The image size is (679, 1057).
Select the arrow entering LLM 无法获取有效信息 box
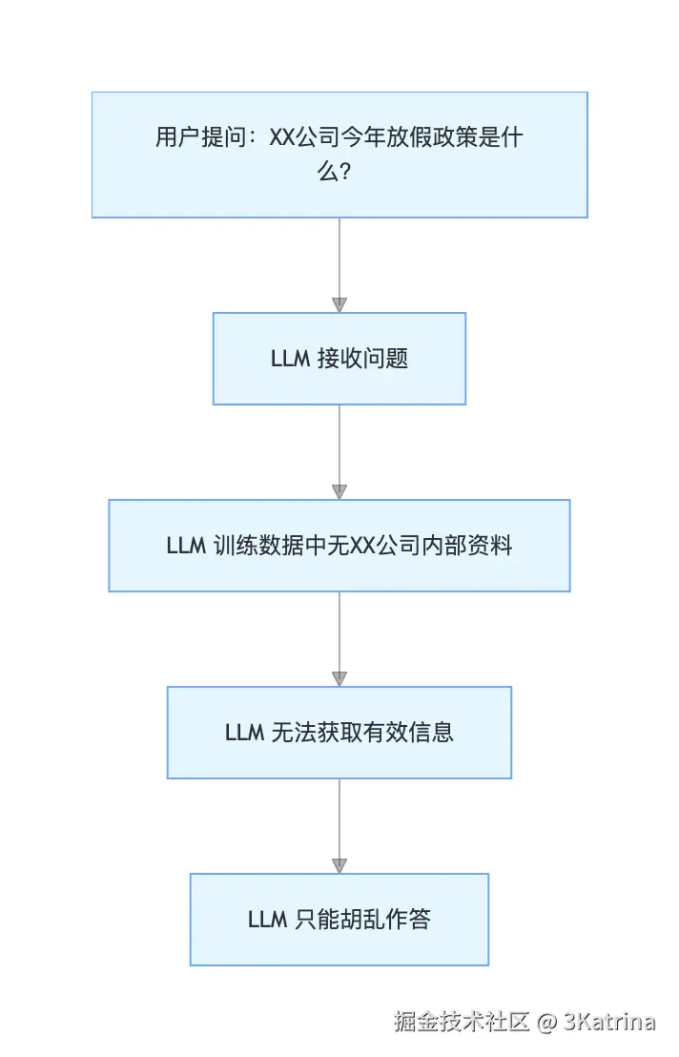(339, 638)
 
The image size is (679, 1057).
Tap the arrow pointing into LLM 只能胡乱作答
(339, 825)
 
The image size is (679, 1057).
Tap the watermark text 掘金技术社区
(462, 1023)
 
